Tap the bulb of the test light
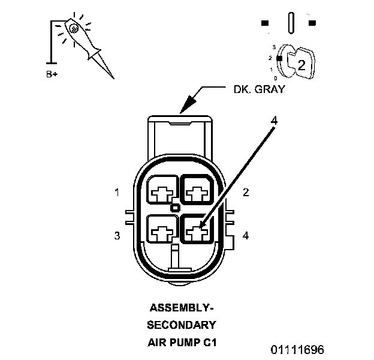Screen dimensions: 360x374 73,28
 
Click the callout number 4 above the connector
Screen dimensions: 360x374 274,121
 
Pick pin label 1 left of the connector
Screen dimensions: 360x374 117,193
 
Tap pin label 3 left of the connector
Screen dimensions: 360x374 117,236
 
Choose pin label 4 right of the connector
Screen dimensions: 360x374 246,236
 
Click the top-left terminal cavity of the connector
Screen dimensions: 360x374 161,192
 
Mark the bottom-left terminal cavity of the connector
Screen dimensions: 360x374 161,229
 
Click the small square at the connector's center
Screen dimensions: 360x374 174,208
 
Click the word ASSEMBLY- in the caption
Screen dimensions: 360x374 181,308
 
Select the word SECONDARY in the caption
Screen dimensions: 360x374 181,326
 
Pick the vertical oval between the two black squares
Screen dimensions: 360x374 290,23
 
